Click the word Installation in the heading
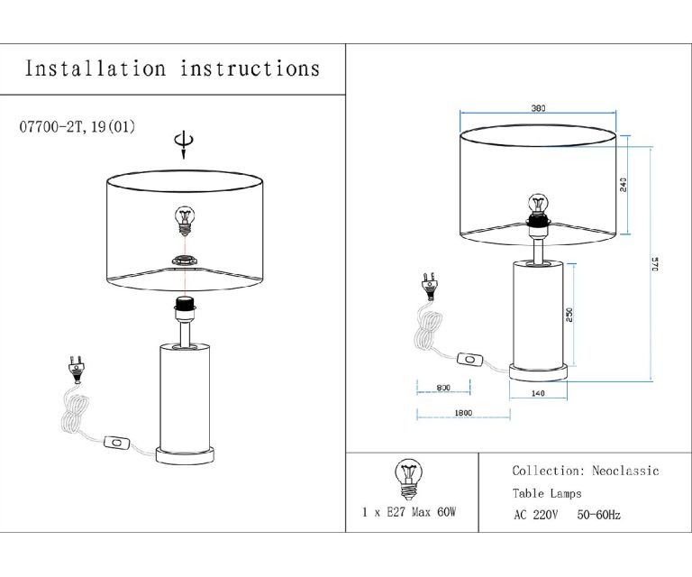click(96, 69)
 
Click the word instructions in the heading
click(250, 69)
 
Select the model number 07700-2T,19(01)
click(77, 127)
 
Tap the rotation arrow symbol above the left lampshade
click(184, 144)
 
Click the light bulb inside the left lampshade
click(185, 220)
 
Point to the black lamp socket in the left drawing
click(186, 303)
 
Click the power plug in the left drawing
click(77, 370)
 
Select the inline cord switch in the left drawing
click(117, 443)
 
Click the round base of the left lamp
click(185, 455)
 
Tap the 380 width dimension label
click(538, 108)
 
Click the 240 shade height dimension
click(624, 185)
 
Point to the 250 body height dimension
click(569, 315)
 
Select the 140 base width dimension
click(538, 393)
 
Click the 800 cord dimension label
click(443, 388)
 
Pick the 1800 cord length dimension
click(463, 413)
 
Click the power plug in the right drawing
click(430, 286)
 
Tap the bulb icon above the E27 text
click(409, 479)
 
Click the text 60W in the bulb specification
click(446, 512)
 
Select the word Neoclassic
click(625, 471)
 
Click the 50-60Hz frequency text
click(599, 515)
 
